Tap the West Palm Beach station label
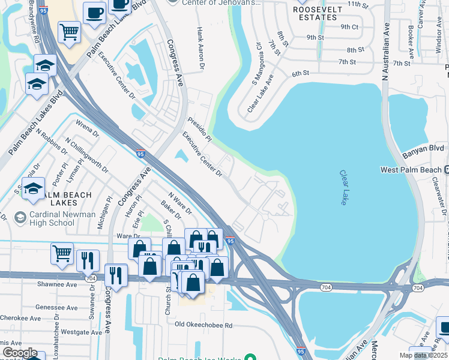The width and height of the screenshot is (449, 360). pos(411,170)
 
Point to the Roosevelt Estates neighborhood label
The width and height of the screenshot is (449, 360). pos(318,13)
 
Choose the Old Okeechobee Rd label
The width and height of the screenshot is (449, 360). pos(203,325)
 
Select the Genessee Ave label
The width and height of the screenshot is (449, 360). pos(56,307)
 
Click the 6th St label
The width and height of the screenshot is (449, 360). pos(300,73)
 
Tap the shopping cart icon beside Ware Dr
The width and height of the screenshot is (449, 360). pos(62,254)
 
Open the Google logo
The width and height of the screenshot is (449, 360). pos(20,353)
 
